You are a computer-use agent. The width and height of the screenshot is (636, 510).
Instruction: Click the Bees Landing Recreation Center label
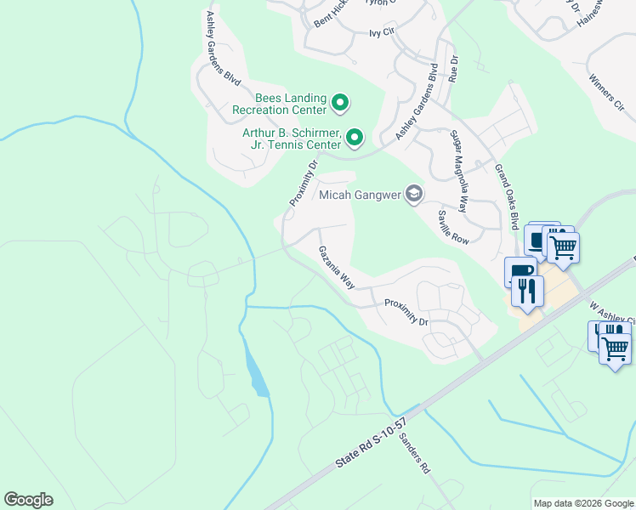279,104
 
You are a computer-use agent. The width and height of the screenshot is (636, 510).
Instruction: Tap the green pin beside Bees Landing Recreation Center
340,104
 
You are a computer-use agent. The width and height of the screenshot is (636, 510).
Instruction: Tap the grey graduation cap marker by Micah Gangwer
414,195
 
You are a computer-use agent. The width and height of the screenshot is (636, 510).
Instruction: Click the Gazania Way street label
337,268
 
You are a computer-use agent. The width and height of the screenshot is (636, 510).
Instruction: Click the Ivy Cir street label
383,33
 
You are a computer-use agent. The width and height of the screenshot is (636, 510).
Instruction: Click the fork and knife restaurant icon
527,292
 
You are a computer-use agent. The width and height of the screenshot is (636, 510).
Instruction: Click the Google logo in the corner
28,500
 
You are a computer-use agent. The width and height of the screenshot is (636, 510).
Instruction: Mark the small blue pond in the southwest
257,377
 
